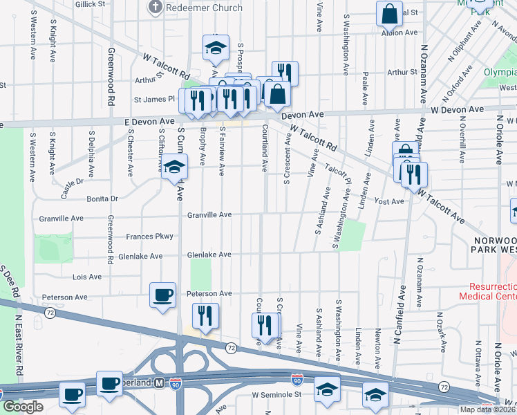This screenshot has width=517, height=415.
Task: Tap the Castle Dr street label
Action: point(71,187)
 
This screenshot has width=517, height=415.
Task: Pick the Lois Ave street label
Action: point(87,277)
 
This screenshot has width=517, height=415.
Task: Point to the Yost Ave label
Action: point(388,201)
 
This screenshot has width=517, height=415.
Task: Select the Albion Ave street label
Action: point(403,33)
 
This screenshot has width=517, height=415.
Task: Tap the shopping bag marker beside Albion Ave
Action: point(389,14)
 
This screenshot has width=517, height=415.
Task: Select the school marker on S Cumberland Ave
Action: point(174,167)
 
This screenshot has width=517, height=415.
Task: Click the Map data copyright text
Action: point(487,409)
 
